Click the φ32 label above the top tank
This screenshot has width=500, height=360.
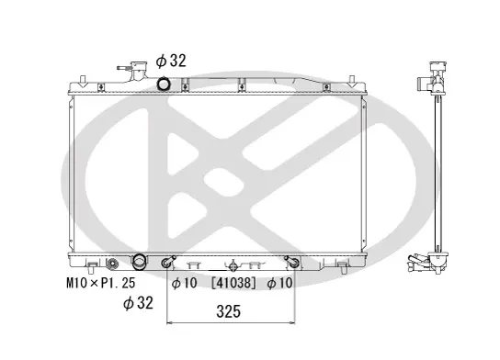point(171,61)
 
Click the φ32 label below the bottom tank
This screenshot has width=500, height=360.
point(138,303)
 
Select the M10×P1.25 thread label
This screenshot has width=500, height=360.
point(101,283)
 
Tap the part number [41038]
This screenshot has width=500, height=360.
point(233,283)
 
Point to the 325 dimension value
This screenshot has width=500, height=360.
point(228,311)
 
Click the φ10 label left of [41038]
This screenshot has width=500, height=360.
point(185,283)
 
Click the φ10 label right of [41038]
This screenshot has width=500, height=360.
point(279,283)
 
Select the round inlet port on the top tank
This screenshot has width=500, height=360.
point(164,84)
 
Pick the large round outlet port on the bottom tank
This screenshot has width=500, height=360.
point(139,261)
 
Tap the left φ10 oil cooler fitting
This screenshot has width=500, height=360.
point(167,262)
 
